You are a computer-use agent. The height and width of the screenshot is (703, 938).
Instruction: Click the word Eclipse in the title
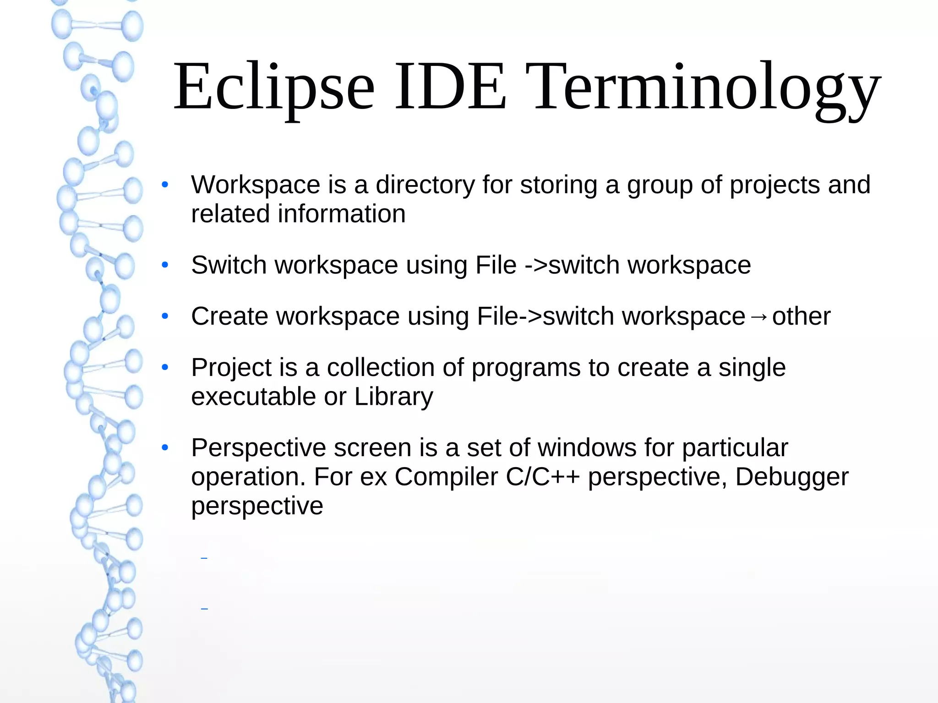(x=274, y=87)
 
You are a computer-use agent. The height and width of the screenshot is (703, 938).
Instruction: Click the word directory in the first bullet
(x=425, y=185)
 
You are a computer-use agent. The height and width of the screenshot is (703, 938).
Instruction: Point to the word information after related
(x=342, y=214)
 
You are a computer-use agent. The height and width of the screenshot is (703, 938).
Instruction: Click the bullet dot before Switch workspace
(x=165, y=265)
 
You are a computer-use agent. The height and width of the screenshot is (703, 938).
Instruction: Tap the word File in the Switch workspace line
(x=496, y=265)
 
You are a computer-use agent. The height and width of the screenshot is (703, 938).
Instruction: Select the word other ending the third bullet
(x=801, y=316)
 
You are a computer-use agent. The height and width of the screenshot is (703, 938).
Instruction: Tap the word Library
(x=393, y=397)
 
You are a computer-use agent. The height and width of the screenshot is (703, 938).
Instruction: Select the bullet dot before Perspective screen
(x=165, y=447)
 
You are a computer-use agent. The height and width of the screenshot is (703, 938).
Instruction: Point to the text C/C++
(x=543, y=477)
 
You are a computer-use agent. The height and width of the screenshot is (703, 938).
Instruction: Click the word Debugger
(x=792, y=477)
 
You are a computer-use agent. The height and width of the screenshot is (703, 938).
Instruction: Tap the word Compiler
(x=446, y=477)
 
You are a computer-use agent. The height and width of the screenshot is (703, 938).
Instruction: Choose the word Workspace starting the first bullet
(x=256, y=185)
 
